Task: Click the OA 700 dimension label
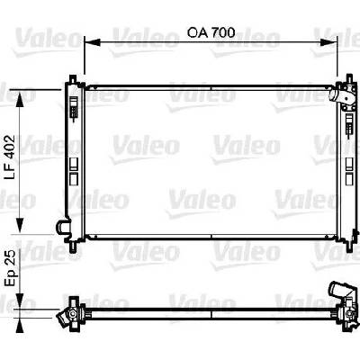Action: pos(211,32)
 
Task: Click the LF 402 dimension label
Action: pos(10,157)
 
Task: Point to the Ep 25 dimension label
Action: pos(10,268)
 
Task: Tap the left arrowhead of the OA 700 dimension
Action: pos(92,42)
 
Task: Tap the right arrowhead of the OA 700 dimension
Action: pos(329,42)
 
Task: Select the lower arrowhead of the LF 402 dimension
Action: pos(20,225)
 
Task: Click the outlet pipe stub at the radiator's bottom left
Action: pos(63,227)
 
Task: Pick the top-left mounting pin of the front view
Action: pos(73,79)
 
